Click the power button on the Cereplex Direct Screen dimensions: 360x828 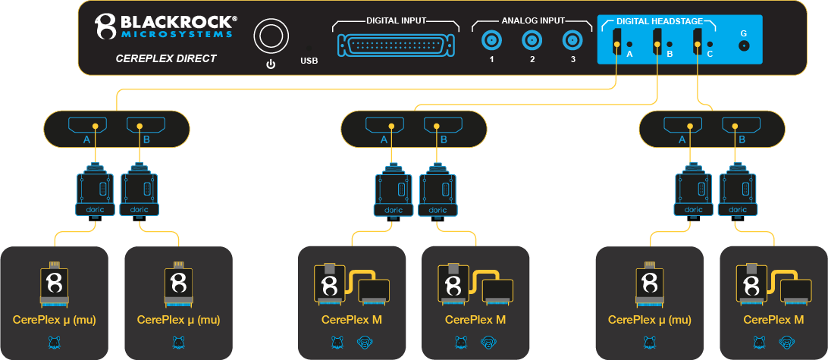tap(270, 36)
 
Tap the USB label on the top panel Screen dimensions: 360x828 tap(309, 60)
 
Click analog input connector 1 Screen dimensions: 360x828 tap(491, 40)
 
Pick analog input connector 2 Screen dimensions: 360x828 tap(532, 40)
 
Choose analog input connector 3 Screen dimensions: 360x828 tap(572, 40)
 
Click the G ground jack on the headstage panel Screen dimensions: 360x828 tap(743, 45)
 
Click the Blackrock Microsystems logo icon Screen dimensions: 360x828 tap(105, 27)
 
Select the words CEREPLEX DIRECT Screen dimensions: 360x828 tap(165, 58)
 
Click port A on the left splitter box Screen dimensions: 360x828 tap(87, 126)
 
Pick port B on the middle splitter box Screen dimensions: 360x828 tap(442, 126)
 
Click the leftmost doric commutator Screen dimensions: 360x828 tap(95, 189)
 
